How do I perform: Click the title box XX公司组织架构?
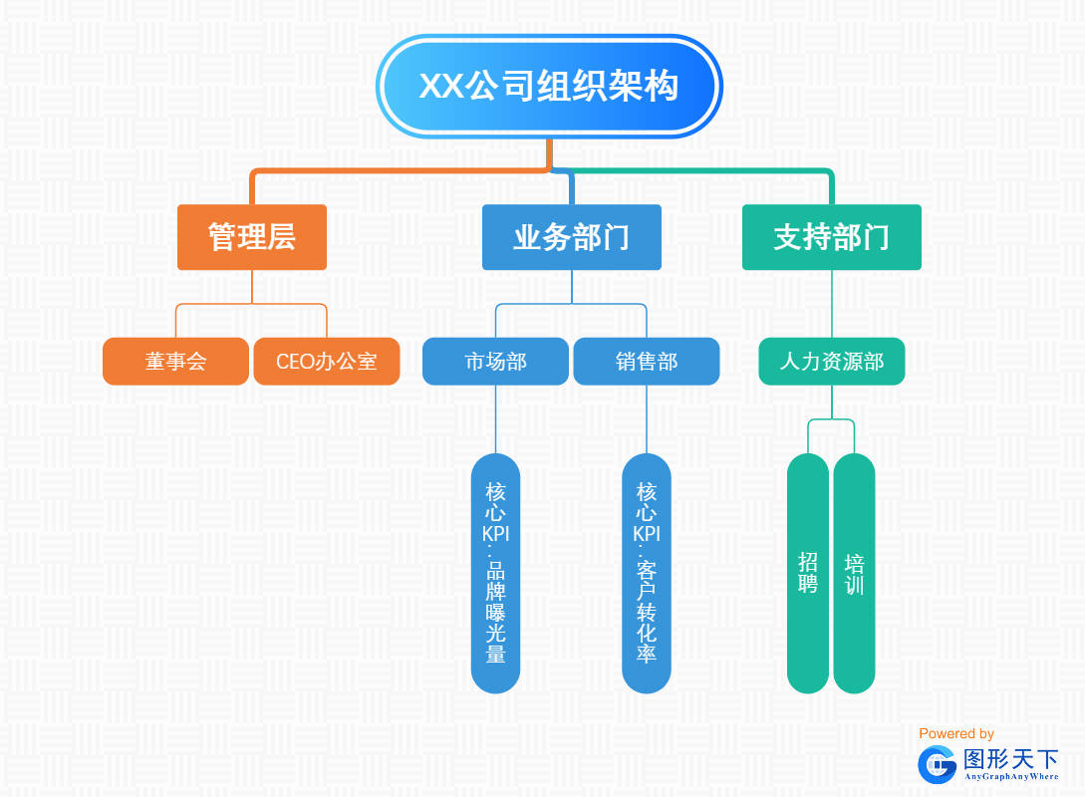click(x=549, y=86)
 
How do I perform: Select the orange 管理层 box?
click(x=252, y=237)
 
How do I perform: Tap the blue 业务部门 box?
click(x=571, y=237)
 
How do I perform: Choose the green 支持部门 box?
click(x=831, y=237)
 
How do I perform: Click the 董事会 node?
click(x=175, y=361)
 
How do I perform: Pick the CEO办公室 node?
click(x=326, y=361)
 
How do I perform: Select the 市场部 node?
click(x=495, y=361)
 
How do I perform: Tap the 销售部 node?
click(x=646, y=361)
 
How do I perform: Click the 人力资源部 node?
click(x=831, y=361)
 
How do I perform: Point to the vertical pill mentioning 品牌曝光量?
click(x=495, y=573)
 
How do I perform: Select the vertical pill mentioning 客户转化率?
click(x=647, y=573)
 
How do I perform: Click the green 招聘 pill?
click(x=808, y=573)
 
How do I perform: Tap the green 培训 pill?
click(x=854, y=573)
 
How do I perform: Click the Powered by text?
click(x=956, y=733)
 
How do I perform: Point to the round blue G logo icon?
click(x=937, y=764)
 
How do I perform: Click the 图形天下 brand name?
click(x=1010, y=759)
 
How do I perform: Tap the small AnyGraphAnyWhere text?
click(x=1010, y=776)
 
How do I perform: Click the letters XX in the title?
click(x=441, y=87)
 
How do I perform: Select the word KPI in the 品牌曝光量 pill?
click(x=495, y=534)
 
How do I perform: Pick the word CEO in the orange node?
click(x=295, y=361)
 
